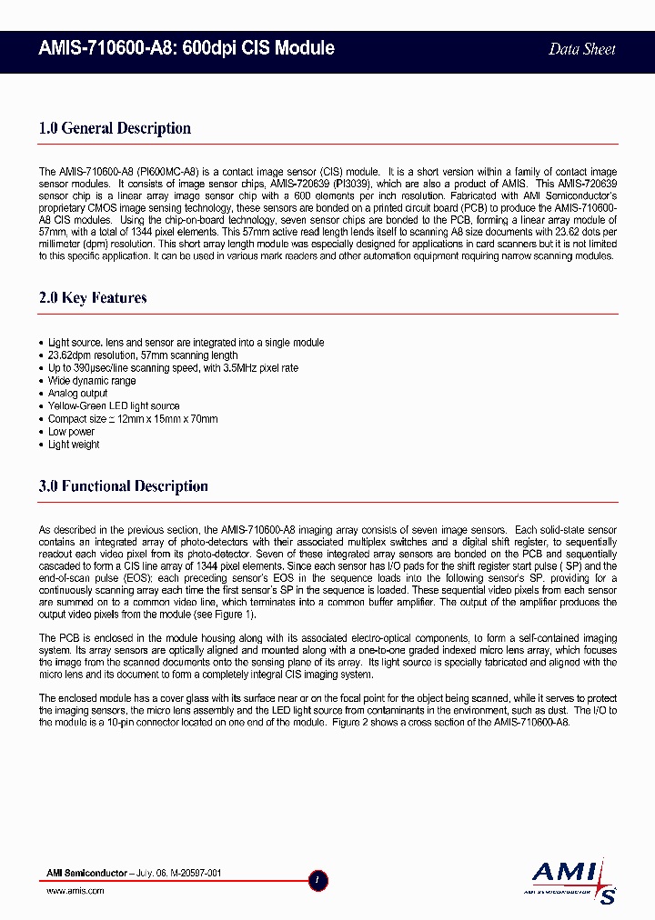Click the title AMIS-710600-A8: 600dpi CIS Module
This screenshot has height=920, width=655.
[x=186, y=49]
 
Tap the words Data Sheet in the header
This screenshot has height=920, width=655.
[x=582, y=50]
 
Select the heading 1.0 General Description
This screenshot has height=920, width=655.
[x=115, y=128]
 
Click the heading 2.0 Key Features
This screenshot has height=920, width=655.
[x=93, y=298]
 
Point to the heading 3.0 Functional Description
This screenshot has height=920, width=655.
[x=123, y=486]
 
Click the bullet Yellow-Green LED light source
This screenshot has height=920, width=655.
[x=114, y=406]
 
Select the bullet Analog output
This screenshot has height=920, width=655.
[x=77, y=394]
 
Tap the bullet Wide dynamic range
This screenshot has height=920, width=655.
[x=92, y=381]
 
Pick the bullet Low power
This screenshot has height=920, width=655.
[x=71, y=432]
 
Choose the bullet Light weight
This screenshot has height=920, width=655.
[x=74, y=445]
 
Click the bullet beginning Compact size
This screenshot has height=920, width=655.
[x=133, y=419]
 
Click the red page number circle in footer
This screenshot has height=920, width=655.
[x=317, y=880]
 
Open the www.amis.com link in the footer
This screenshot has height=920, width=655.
[x=75, y=892]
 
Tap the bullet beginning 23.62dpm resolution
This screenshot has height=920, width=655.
[x=143, y=355]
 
